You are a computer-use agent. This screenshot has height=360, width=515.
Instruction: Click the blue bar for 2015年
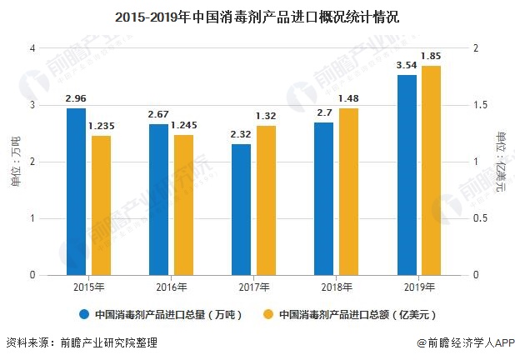pos(76,192)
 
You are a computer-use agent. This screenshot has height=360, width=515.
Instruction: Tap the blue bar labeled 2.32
pos(241,209)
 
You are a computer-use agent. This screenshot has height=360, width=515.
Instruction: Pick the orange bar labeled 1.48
pos(348,192)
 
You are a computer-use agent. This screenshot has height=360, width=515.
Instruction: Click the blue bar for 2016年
pos(158,199)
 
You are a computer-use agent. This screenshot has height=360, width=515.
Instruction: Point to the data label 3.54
pos(407,64)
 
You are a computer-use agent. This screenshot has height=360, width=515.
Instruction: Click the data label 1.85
pos(431,56)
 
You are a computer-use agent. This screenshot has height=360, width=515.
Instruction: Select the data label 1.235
pos(102,125)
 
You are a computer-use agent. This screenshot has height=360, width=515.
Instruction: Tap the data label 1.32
pos(266,116)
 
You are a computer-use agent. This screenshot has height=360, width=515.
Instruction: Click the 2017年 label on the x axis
pos(253,287)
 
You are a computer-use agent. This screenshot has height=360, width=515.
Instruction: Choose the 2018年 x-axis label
pos(336,287)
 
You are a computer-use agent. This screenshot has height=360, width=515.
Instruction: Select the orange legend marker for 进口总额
pos(268,315)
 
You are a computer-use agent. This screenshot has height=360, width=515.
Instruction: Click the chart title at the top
pos(257,14)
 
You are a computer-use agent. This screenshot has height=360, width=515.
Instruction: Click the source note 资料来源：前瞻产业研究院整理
pos(81,342)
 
